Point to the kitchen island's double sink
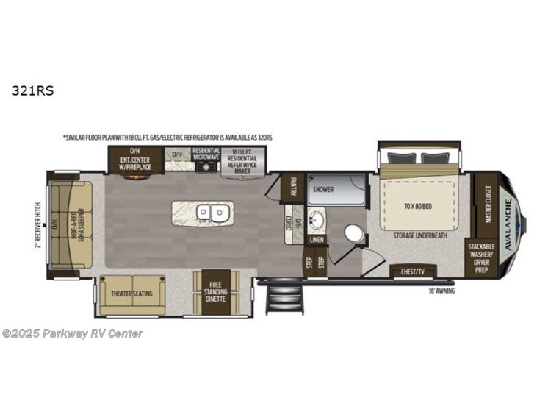click(211, 213)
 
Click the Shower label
click(324, 189)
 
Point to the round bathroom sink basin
click(317, 220)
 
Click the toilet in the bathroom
click(355, 234)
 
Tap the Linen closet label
click(316, 240)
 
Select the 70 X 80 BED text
click(418, 206)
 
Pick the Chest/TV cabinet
click(411, 272)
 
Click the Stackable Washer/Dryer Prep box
click(482, 258)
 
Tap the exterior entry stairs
click(286, 299)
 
